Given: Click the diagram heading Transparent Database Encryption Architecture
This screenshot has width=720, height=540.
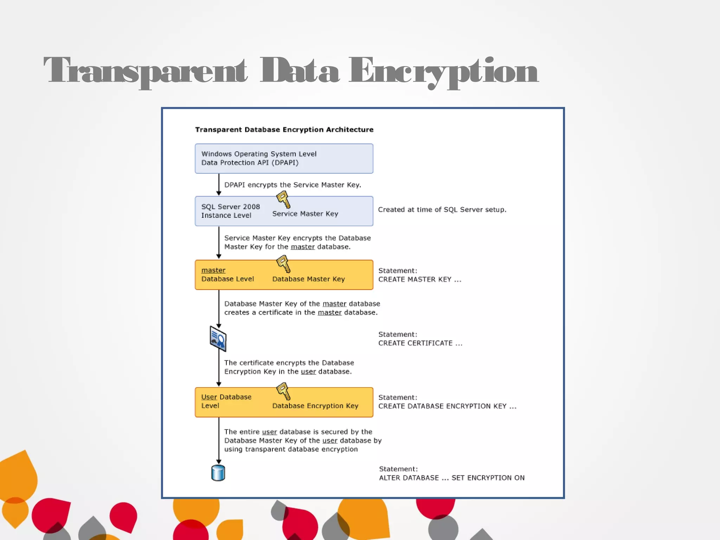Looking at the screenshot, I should [284, 130].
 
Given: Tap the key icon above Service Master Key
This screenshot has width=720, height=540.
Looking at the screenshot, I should [283, 200].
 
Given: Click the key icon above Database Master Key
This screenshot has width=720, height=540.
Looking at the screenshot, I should [283, 264].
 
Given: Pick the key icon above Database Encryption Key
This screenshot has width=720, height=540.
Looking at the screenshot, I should [283, 391].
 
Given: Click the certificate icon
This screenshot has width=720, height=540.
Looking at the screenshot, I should [218, 339].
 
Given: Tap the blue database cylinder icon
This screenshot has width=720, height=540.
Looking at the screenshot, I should [218, 473].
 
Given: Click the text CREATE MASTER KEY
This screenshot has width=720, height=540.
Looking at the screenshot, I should [419, 279].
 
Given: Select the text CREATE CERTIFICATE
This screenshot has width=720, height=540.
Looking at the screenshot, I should [420, 343].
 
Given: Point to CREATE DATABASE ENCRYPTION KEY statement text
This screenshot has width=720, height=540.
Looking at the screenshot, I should [447, 406].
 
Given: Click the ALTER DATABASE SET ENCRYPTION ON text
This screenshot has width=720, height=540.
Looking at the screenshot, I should [452, 478].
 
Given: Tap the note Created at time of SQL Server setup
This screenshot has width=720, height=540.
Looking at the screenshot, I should [442, 210].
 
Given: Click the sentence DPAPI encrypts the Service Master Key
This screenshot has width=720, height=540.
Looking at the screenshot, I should [292, 185].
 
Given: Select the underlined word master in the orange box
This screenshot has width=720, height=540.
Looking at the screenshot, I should [213, 270].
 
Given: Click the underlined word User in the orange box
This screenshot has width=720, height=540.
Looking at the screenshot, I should [209, 397].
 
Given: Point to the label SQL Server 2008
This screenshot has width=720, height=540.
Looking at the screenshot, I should [230, 207].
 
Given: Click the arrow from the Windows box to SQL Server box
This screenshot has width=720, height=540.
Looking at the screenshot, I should [219, 185].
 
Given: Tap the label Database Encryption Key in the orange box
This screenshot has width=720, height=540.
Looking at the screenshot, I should [315, 406].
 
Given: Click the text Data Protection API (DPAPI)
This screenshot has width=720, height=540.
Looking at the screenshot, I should [250, 163].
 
